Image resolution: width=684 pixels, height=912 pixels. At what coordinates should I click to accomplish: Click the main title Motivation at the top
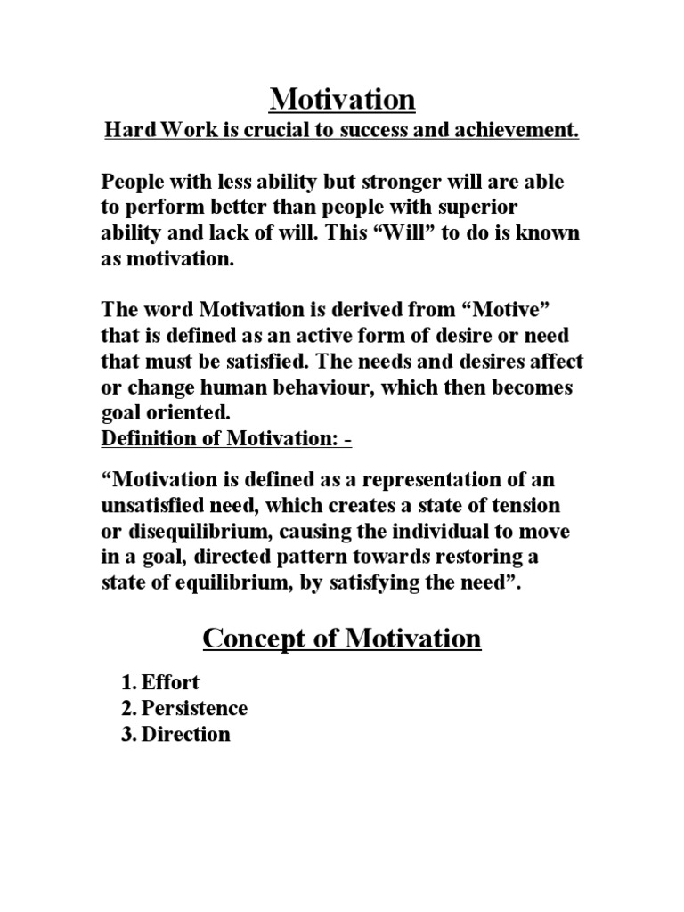click(342, 100)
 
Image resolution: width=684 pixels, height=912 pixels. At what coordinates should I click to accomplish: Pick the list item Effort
click(173, 683)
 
